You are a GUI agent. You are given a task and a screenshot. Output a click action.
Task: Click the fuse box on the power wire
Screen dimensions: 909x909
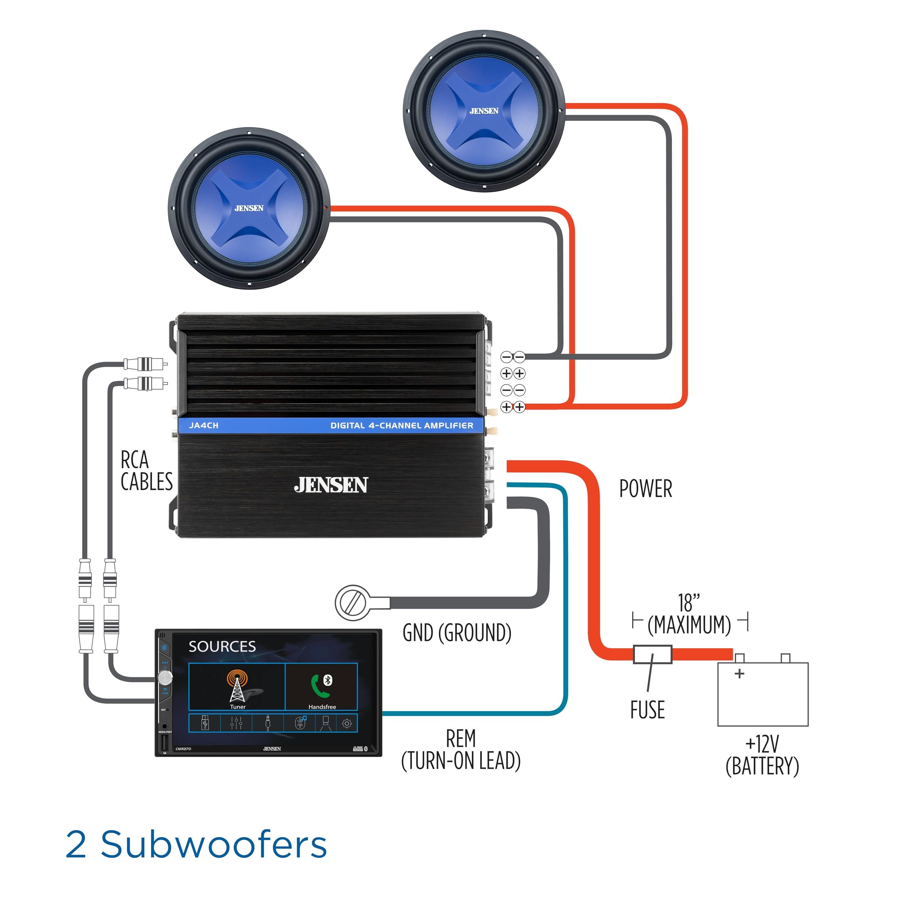point(652,654)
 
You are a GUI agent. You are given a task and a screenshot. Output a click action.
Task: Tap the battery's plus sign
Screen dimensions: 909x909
point(739,673)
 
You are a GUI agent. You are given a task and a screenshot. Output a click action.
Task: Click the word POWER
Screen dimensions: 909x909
point(646,489)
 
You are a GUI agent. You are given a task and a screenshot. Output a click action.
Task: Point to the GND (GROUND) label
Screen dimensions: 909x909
point(457,633)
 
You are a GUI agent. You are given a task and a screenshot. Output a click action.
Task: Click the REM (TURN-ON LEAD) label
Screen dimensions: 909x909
point(461,750)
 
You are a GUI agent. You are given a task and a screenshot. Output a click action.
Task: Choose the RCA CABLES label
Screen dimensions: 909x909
point(146,471)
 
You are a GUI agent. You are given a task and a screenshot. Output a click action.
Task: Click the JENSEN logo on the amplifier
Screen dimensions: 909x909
point(331,485)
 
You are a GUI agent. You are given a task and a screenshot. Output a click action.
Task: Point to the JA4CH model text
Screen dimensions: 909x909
point(204,425)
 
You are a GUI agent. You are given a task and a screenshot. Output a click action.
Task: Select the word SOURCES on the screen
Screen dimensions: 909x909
point(222,647)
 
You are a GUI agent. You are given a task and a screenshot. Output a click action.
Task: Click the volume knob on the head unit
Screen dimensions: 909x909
point(165,677)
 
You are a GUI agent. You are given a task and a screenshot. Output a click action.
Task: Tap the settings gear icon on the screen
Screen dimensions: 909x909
point(347,724)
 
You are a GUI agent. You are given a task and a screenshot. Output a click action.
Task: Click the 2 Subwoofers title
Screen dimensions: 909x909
point(196,844)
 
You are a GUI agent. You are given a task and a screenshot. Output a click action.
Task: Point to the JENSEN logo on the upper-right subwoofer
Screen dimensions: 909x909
point(484,111)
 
